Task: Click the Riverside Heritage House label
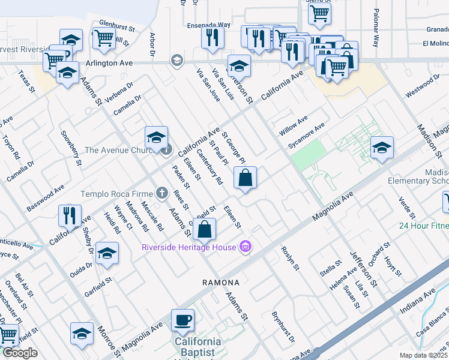pyautogui.click(x=188, y=247)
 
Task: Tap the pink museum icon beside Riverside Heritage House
pyautogui.click(x=244, y=247)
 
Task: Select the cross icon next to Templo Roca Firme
pyautogui.click(x=161, y=193)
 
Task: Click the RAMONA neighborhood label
pyautogui.click(x=221, y=282)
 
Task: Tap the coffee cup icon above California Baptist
pyautogui.click(x=182, y=319)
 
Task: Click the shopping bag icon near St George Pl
pyautogui.click(x=246, y=178)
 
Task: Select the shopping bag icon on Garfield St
pyautogui.click(x=205, y=229)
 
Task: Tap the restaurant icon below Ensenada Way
pyautogui.click(x=212, y=38)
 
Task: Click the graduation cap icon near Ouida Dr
pyautogui.click(x=107, y=253)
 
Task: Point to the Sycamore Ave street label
pyautogui.click(x=306, y=136)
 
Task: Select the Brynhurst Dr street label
pyautogui.click(x=283, y=327)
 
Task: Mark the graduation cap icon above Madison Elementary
pyautogui.click(x=382, y=148)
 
